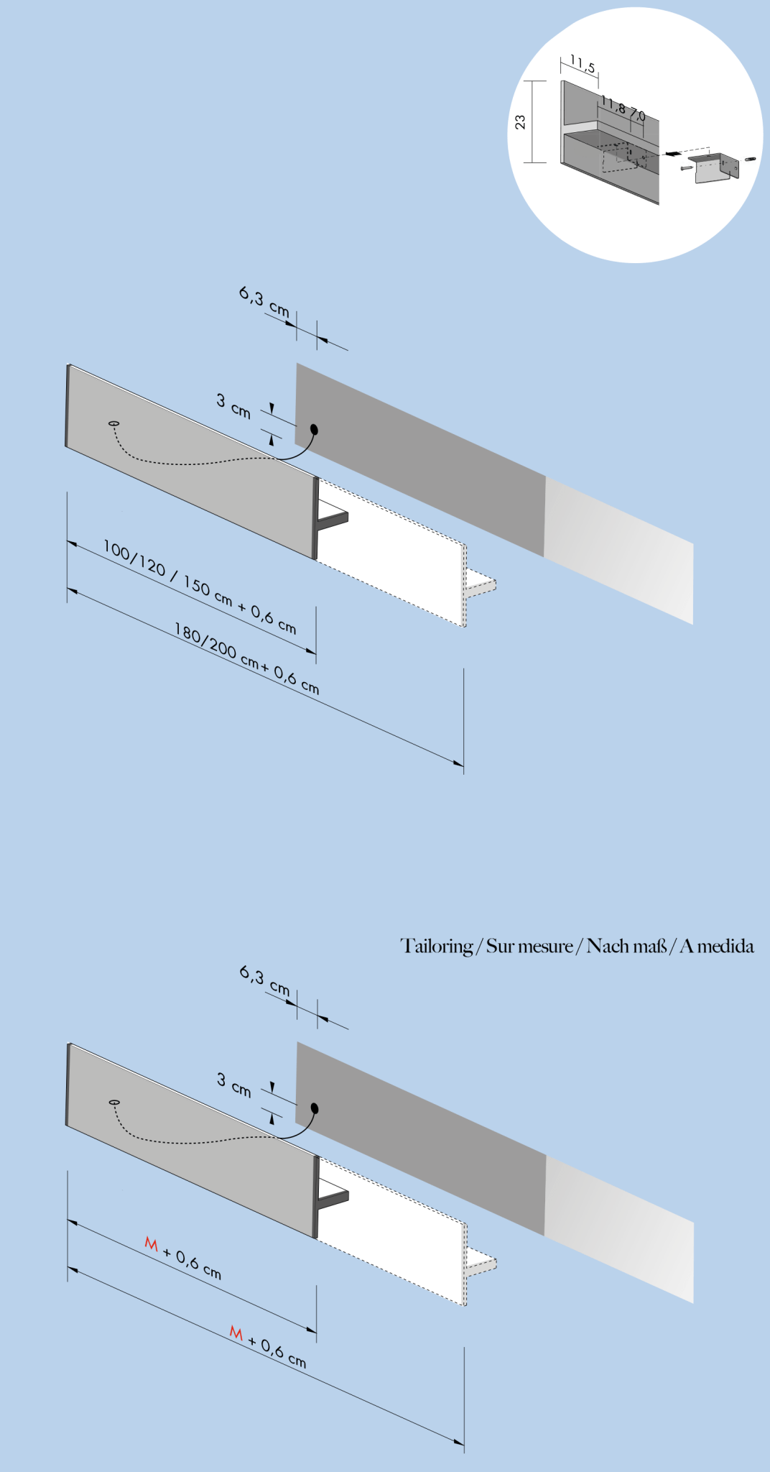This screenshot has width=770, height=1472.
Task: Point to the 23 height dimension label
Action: pos(521,122)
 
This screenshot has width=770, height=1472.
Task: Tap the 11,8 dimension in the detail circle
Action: pos(613,105)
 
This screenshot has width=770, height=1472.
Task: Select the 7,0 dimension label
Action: pos(637,114)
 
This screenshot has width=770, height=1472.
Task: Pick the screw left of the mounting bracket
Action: pos(686,168)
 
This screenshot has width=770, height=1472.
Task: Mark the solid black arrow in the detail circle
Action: pos(672,153)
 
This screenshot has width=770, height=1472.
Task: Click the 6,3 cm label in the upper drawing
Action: pos(264,302)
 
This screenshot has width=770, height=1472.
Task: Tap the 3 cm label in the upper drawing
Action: pos(233,405)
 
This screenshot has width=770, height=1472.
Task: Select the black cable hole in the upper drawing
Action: pos(314,430)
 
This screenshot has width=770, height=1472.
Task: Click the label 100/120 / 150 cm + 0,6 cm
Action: pos(200,586)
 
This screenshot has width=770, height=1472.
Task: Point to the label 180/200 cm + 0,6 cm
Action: pos(246,658)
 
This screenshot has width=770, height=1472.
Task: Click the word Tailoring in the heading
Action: pos(437,946)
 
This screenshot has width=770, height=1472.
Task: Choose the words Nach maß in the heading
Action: pos(626,946)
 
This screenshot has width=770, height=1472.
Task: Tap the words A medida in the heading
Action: pos(717,946)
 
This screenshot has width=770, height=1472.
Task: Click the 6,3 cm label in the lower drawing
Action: pos(264,981)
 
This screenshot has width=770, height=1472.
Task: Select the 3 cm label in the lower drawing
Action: pos(234,1085)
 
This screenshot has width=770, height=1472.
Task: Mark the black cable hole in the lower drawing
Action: pos(315,1108)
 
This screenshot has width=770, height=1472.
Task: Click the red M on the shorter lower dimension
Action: pos(151,1243)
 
